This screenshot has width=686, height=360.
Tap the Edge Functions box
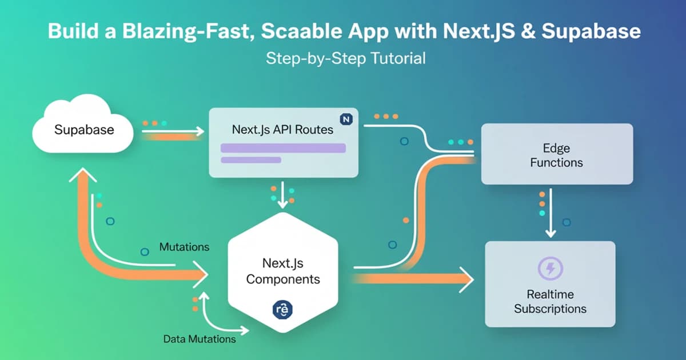point(556,155)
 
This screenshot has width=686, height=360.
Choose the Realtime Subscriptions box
point(549,284)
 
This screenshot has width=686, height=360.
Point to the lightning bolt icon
point(551,269)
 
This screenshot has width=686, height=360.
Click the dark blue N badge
point(346,119)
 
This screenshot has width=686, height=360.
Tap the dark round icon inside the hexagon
point(283,310)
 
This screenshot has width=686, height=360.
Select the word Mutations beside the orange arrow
point(184,247)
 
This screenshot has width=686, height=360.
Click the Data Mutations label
point(200,339)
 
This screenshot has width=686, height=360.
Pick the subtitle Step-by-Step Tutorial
point(346,58)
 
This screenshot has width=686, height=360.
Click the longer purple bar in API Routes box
point(283,148)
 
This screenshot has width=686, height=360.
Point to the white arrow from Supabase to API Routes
point(171,131)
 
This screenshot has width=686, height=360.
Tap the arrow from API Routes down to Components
point(282,195)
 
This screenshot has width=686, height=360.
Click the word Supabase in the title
point(591,31)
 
